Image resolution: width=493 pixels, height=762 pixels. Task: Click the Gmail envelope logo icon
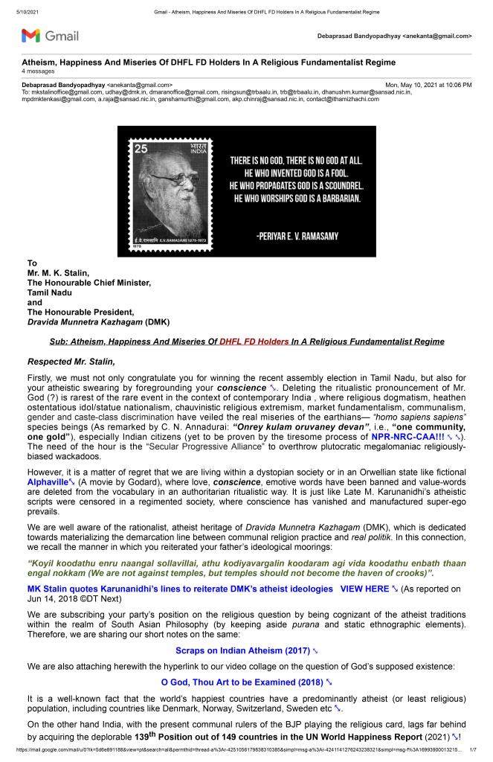click(30, 35)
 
